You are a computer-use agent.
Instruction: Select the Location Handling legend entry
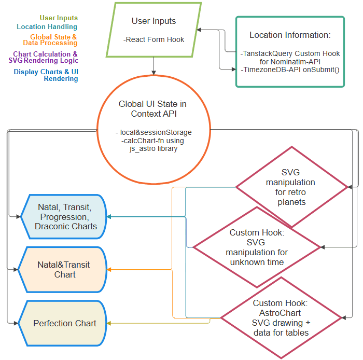pyautogui.click(x=47, y=26)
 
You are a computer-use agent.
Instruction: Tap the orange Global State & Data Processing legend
pyautogui.click(x=53, y=40)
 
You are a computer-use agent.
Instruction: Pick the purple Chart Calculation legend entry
pyautogui.click(x=46, y=57)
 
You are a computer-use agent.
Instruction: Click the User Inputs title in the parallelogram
pyautogui.click(x=153, y=21)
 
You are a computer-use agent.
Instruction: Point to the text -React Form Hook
pyautogui.click(x=153, y=39)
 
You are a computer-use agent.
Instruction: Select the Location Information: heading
pyautogui.click(x=290, y=35)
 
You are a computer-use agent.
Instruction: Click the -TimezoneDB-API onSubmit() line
pyautogui.click(x=290, y=69)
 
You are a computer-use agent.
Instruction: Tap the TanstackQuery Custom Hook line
pyautogui.click(x=290, y=53)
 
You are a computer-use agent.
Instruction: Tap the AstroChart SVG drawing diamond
pyautogui.click(x=281, y=317)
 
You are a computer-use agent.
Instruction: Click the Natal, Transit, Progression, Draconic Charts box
pyautogui.click(x=65, y=216)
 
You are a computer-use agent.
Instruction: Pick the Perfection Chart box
pyautogui.click(x=65, y=323)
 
